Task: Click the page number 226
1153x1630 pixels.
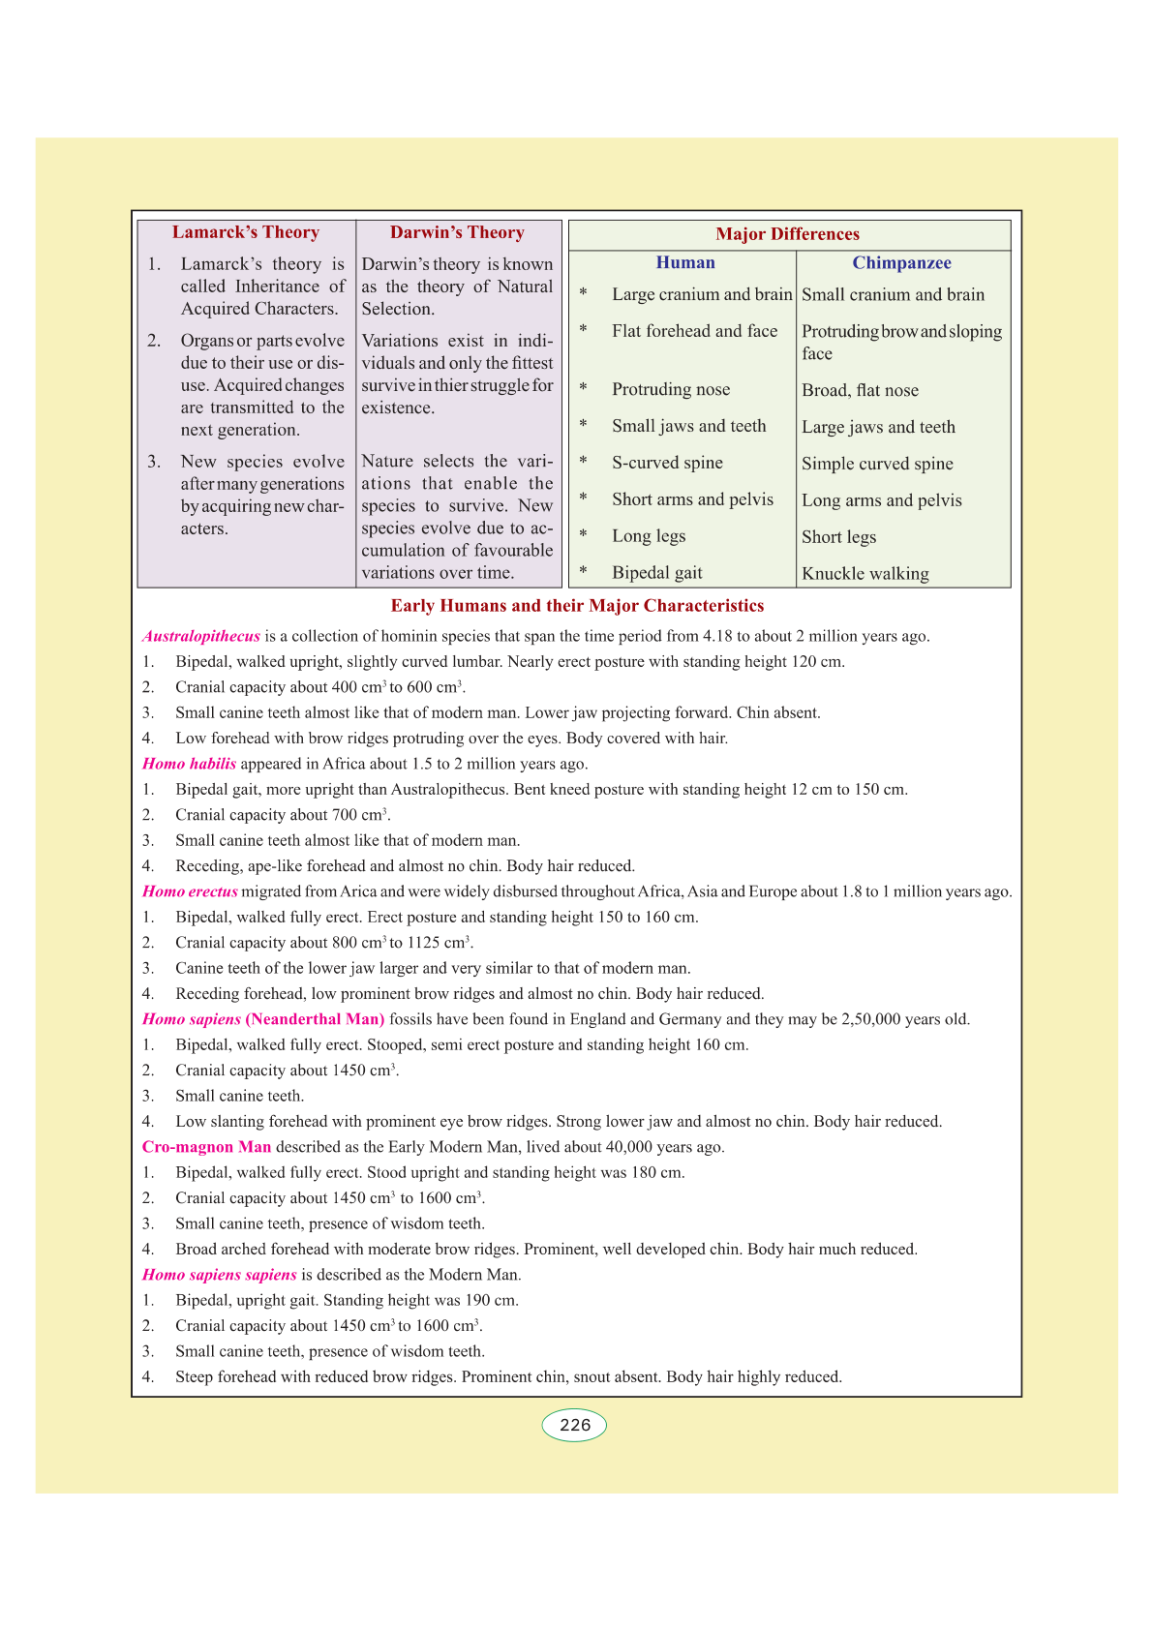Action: (575, 1425)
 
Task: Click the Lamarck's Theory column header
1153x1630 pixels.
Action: (246, 232)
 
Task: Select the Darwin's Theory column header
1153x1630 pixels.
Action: (457, 232)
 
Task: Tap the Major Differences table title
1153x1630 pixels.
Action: (787, 234)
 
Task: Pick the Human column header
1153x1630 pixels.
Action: (685, 262)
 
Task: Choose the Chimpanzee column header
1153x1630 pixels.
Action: (901, 263)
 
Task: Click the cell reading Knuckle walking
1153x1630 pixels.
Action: (865, 574)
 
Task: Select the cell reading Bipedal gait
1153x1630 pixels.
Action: (657, 573)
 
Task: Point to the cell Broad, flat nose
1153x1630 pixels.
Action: (860, 390)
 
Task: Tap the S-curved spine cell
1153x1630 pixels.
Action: (667, 463)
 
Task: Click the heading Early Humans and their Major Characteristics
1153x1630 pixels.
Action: (577, 606)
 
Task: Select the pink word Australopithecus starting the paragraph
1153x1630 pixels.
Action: (201, 637)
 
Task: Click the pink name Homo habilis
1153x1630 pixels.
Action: (190, 764)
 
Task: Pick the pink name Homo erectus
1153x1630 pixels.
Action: (190, 891)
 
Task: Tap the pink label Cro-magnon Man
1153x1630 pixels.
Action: (207, 1147)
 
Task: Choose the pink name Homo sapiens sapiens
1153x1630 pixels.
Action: (220, 1275)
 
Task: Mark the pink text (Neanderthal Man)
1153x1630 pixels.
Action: (316, 1019)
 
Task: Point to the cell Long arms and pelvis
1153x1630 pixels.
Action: (882, 500)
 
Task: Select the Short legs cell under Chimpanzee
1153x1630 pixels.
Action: (838, 537)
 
